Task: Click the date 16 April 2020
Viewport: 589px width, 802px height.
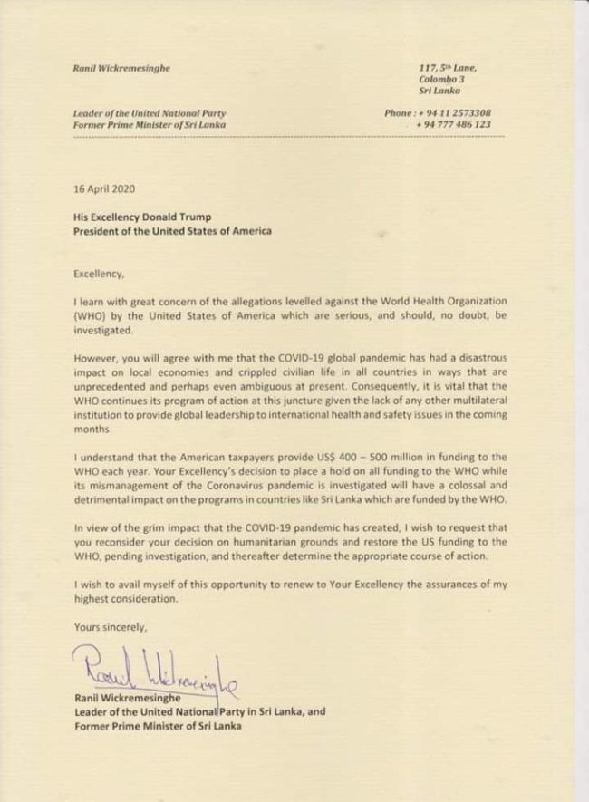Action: [x=104, y=190]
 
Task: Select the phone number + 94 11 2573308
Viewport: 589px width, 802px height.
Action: [x=450, y=113]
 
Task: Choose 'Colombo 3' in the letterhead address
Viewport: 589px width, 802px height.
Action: [x=441, y=80]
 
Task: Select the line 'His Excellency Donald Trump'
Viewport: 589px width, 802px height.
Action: [x=151, y=217]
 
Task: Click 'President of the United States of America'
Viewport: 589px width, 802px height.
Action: [x=172, y=231]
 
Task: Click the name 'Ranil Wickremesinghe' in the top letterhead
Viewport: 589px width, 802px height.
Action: [x=123, y=69]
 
